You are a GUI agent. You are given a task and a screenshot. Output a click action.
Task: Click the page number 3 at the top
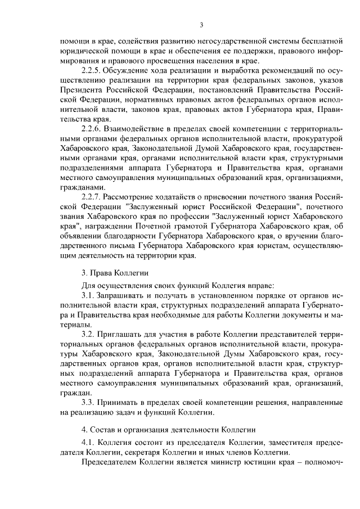coord(201,24)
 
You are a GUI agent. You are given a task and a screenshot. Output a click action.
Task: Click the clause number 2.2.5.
coord(93,70)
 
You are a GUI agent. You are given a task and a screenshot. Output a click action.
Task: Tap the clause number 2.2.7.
coord(93,197)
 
